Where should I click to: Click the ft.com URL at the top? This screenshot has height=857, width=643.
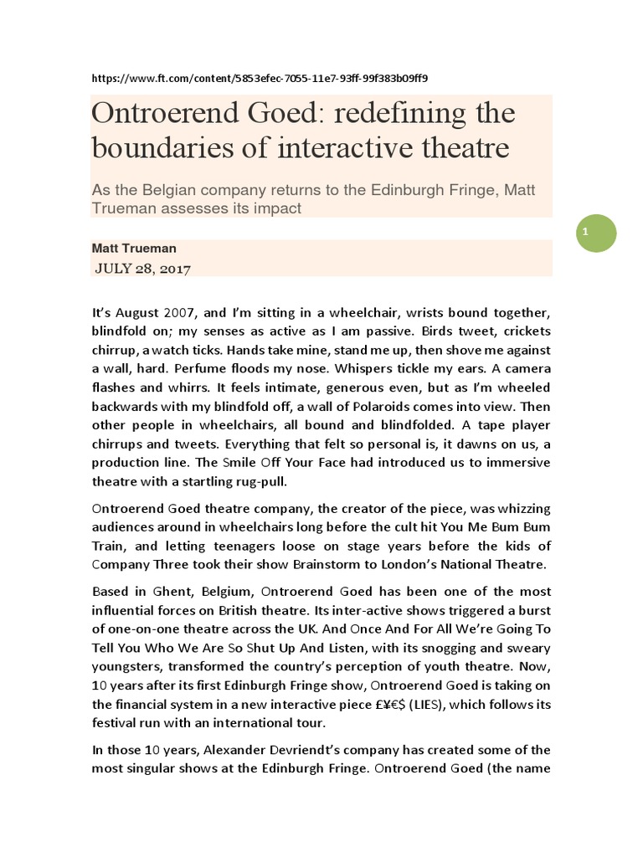point(260,79)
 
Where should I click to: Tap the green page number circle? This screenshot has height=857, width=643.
point(595,233)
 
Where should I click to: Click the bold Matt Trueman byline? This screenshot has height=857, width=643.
point(134,249)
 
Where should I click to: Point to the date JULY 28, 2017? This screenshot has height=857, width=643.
point(143,269)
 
